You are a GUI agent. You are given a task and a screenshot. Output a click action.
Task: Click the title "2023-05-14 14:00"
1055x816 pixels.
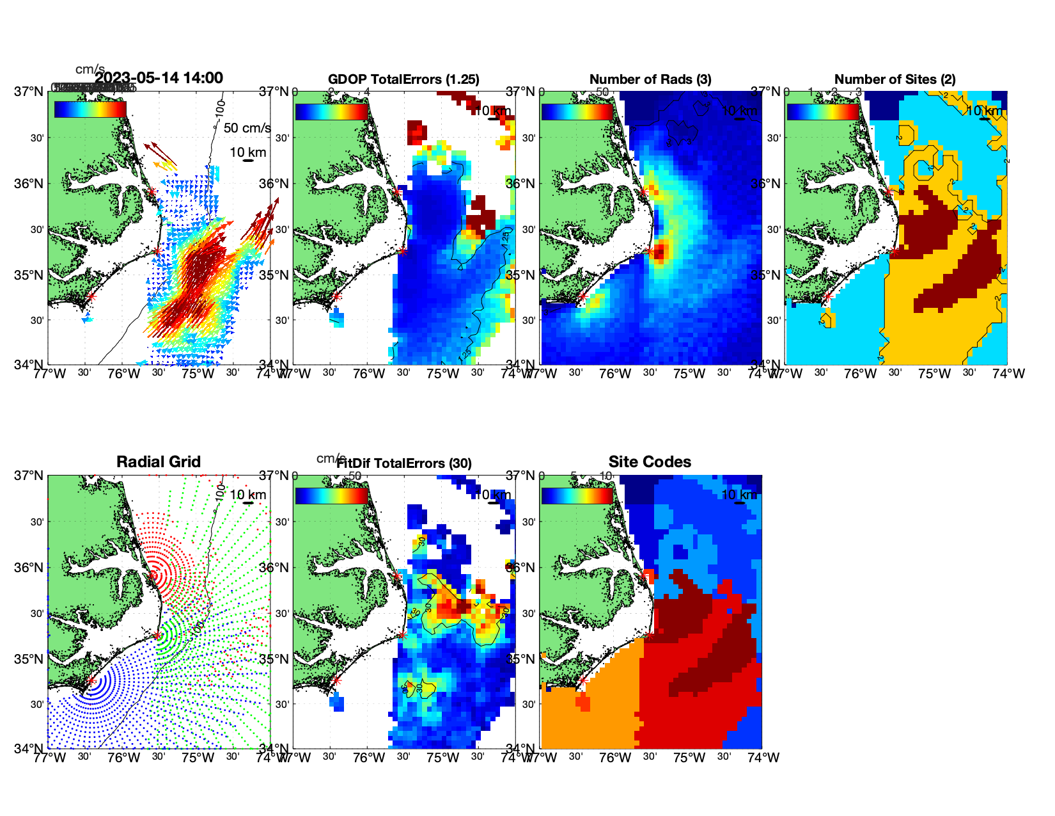click(159, 78)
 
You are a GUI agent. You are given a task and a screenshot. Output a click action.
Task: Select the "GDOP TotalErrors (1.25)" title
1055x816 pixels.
click(403, 79)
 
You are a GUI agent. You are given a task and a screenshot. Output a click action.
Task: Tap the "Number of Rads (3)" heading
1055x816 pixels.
click(650, 79)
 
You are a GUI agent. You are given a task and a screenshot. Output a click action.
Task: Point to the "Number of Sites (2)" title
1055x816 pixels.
click(895, 79)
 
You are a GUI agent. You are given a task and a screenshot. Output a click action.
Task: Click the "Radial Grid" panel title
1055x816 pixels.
click(159, 462)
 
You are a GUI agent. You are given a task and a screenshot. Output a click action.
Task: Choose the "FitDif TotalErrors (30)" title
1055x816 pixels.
click(404, 463)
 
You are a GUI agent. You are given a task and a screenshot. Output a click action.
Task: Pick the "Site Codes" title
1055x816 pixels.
click(650, 462)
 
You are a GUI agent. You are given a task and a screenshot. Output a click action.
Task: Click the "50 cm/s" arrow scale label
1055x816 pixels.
click(247, 128)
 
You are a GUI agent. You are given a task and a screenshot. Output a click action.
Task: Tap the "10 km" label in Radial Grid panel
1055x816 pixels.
click(248, 495)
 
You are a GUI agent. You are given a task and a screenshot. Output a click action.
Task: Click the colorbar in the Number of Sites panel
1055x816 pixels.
click(823, 111)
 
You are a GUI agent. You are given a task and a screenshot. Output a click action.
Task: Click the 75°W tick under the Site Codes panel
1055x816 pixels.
click(689, 758)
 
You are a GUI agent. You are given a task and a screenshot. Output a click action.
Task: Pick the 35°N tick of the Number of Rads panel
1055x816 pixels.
click(522, 275)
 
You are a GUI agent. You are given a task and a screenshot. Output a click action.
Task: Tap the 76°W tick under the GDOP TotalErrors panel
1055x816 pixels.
click(369, 374)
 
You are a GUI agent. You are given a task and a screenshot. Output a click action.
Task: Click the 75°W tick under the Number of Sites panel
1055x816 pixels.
click(935, 374)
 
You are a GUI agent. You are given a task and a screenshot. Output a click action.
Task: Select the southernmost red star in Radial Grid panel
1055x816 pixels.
click(91, 681)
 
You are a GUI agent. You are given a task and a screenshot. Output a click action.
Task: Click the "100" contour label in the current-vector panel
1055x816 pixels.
click(221, 106)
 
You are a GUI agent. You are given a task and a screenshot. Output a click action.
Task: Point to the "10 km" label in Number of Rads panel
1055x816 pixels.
click(739, 111)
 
